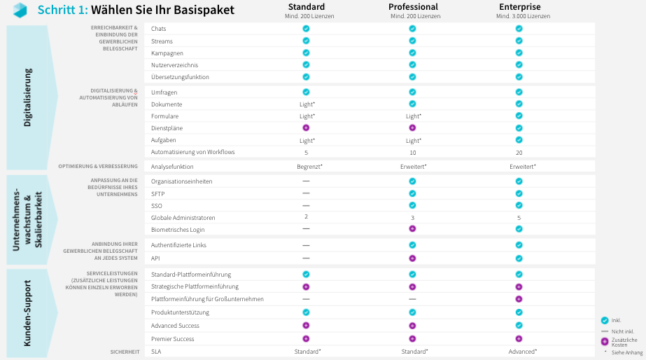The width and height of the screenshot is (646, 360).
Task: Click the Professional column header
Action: [x=413, y=7]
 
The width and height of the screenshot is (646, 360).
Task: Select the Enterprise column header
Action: [x=519, y=7]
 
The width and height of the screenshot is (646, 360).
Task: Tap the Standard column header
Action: [x=306, y=7]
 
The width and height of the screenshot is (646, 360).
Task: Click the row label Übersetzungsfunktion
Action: [x=180, y=77]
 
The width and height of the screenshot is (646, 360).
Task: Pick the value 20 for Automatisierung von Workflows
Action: [x=519, y=152]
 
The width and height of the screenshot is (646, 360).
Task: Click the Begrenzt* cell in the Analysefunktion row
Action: [x=306, y=167]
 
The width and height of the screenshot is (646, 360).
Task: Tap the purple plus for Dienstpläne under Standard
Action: [x=306, y=128]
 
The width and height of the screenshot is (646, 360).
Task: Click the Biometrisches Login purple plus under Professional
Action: [x=412, y=229]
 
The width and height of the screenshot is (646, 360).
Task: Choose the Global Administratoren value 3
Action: [x=412, y=218]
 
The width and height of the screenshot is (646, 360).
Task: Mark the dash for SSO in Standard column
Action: [x=306, y=205]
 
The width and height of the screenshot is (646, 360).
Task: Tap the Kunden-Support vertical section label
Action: [x=28, y=313]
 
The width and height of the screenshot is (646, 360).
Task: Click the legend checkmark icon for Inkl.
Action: [x=605, y=320]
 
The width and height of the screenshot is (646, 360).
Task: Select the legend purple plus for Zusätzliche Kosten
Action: [x=605, y=341]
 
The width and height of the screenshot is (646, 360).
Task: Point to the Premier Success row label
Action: [x=174, y=339]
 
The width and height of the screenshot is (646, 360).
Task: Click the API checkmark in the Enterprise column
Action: [x=519, y=258]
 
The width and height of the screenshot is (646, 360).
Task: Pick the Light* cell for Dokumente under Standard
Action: [x=307, y=104]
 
